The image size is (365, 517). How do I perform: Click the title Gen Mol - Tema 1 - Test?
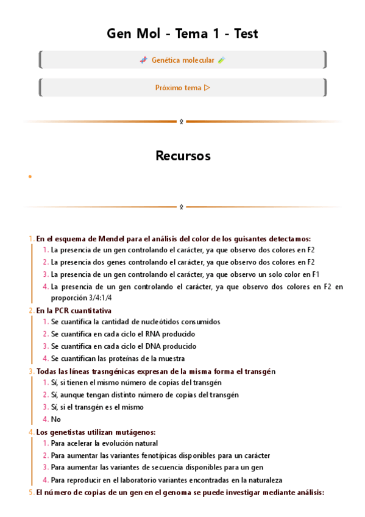point(182,34)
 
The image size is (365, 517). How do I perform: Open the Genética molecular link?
point(182,60)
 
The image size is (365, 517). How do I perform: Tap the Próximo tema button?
point(182,87)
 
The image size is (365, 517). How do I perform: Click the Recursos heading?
point(182,155)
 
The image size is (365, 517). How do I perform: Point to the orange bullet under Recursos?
point(29,177)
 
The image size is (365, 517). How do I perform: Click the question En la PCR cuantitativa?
point(74,310)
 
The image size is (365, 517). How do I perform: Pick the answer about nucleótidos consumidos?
point(135,321)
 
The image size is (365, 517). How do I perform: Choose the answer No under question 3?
point(56,419)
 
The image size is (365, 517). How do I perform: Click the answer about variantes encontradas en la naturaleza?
point(166,480)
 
